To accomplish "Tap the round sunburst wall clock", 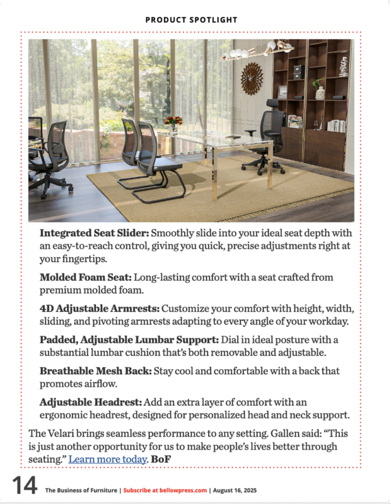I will pos(252,78).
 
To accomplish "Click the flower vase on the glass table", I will pos(173,123).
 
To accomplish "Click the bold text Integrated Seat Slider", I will pos(94,232).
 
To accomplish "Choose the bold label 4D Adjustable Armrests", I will pos(100,309).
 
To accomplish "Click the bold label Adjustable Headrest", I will pos(91,401).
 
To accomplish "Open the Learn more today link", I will pos(107,459).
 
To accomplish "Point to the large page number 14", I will pos(24,486).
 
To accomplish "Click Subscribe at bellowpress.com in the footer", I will pos(165,490).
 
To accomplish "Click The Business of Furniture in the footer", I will pos(81,490).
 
